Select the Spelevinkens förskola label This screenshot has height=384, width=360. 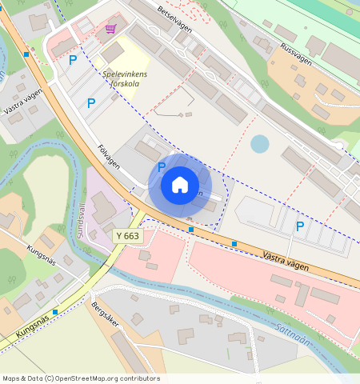[125, 78]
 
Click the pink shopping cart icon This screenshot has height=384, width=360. [110, 29]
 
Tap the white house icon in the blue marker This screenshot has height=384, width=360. [180, 185]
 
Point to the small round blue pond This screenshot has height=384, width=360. [260, 144]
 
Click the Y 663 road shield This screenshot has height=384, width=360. [127, 236]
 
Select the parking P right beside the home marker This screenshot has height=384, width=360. [161, 167]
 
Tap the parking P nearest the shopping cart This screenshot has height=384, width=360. [73, 59]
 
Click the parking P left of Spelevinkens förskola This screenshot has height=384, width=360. [90, 103]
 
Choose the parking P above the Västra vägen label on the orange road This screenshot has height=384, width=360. [300, 226]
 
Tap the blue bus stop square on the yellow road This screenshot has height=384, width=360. [55, 311]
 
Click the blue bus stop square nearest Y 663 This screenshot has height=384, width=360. [190, 230]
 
